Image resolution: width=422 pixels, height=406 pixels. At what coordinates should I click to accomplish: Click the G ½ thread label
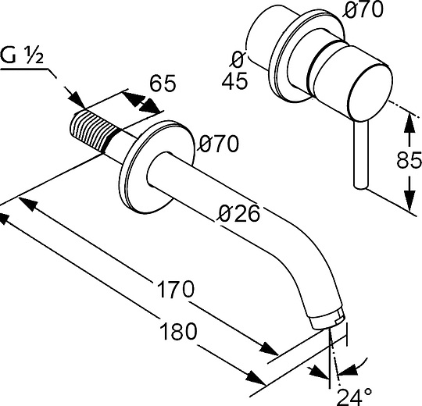[22, 55]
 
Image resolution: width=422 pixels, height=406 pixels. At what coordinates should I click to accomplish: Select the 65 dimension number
[163, 83]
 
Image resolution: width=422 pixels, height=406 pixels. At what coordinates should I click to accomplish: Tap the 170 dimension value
[175, 289]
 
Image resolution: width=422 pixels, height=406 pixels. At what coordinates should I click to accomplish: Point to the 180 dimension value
[178, 331]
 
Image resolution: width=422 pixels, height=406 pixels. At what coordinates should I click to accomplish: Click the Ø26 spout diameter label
[239, 213]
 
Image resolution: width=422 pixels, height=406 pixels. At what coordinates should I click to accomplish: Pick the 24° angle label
[355, 397]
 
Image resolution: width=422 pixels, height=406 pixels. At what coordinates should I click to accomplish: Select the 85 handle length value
[409, 160]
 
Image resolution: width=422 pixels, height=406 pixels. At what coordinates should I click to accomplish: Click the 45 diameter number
[234, 80]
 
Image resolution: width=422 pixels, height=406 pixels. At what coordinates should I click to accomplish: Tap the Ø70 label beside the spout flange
[219, 144]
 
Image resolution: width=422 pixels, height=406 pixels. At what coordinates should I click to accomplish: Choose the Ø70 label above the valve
[363, 9]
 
